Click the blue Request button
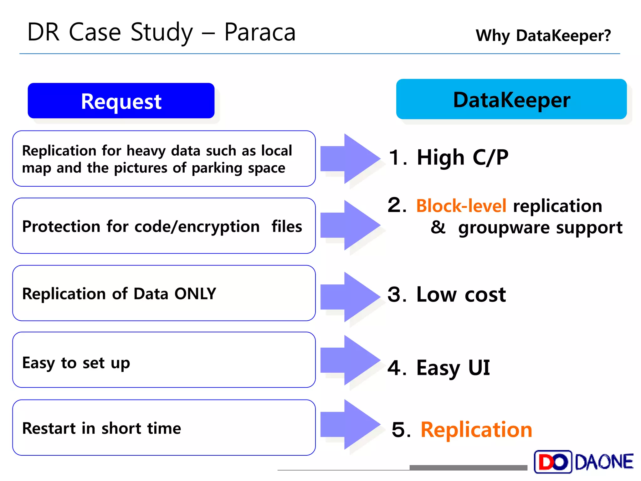[121, 101]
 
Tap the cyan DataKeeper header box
[511, 99]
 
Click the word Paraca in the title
[260, 32]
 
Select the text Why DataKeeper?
[543, 35]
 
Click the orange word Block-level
[461, 206]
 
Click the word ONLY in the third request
[195, 294]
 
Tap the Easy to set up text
[76, 363]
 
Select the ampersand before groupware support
[438, 227]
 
